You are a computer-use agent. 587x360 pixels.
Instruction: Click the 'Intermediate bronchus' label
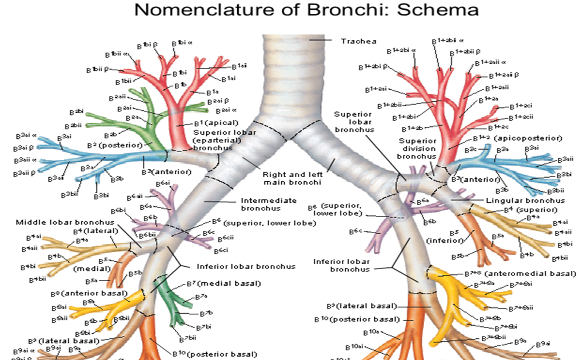269,205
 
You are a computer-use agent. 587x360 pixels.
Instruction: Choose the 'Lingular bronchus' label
525,201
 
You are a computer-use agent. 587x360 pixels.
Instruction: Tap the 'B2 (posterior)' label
111,146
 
